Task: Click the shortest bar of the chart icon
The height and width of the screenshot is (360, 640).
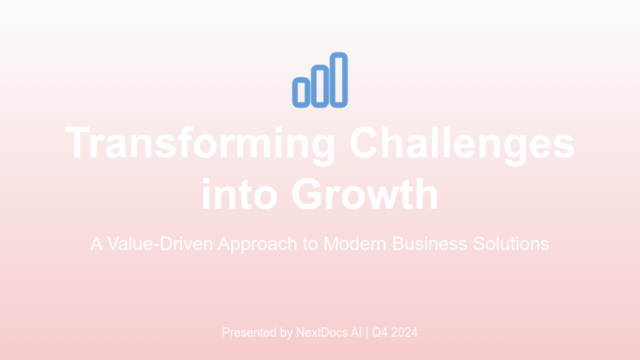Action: tap(301, 92)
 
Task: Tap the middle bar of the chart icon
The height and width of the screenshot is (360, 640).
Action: tap(320, 86)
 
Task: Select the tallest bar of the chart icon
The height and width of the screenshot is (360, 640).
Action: tap(339, 79)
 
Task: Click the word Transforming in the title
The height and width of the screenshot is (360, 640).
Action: tap(200, 143)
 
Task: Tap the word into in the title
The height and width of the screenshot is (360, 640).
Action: tap(241, 194)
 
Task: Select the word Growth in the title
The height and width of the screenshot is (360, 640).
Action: tap(365, 194)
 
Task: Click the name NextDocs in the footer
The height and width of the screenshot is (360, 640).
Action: tap(323, 332)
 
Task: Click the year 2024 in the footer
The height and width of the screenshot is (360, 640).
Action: tap(405, 332)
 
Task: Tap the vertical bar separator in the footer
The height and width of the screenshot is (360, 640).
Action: tap(366, 332)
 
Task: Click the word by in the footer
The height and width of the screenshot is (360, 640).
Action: tap(286, 332)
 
